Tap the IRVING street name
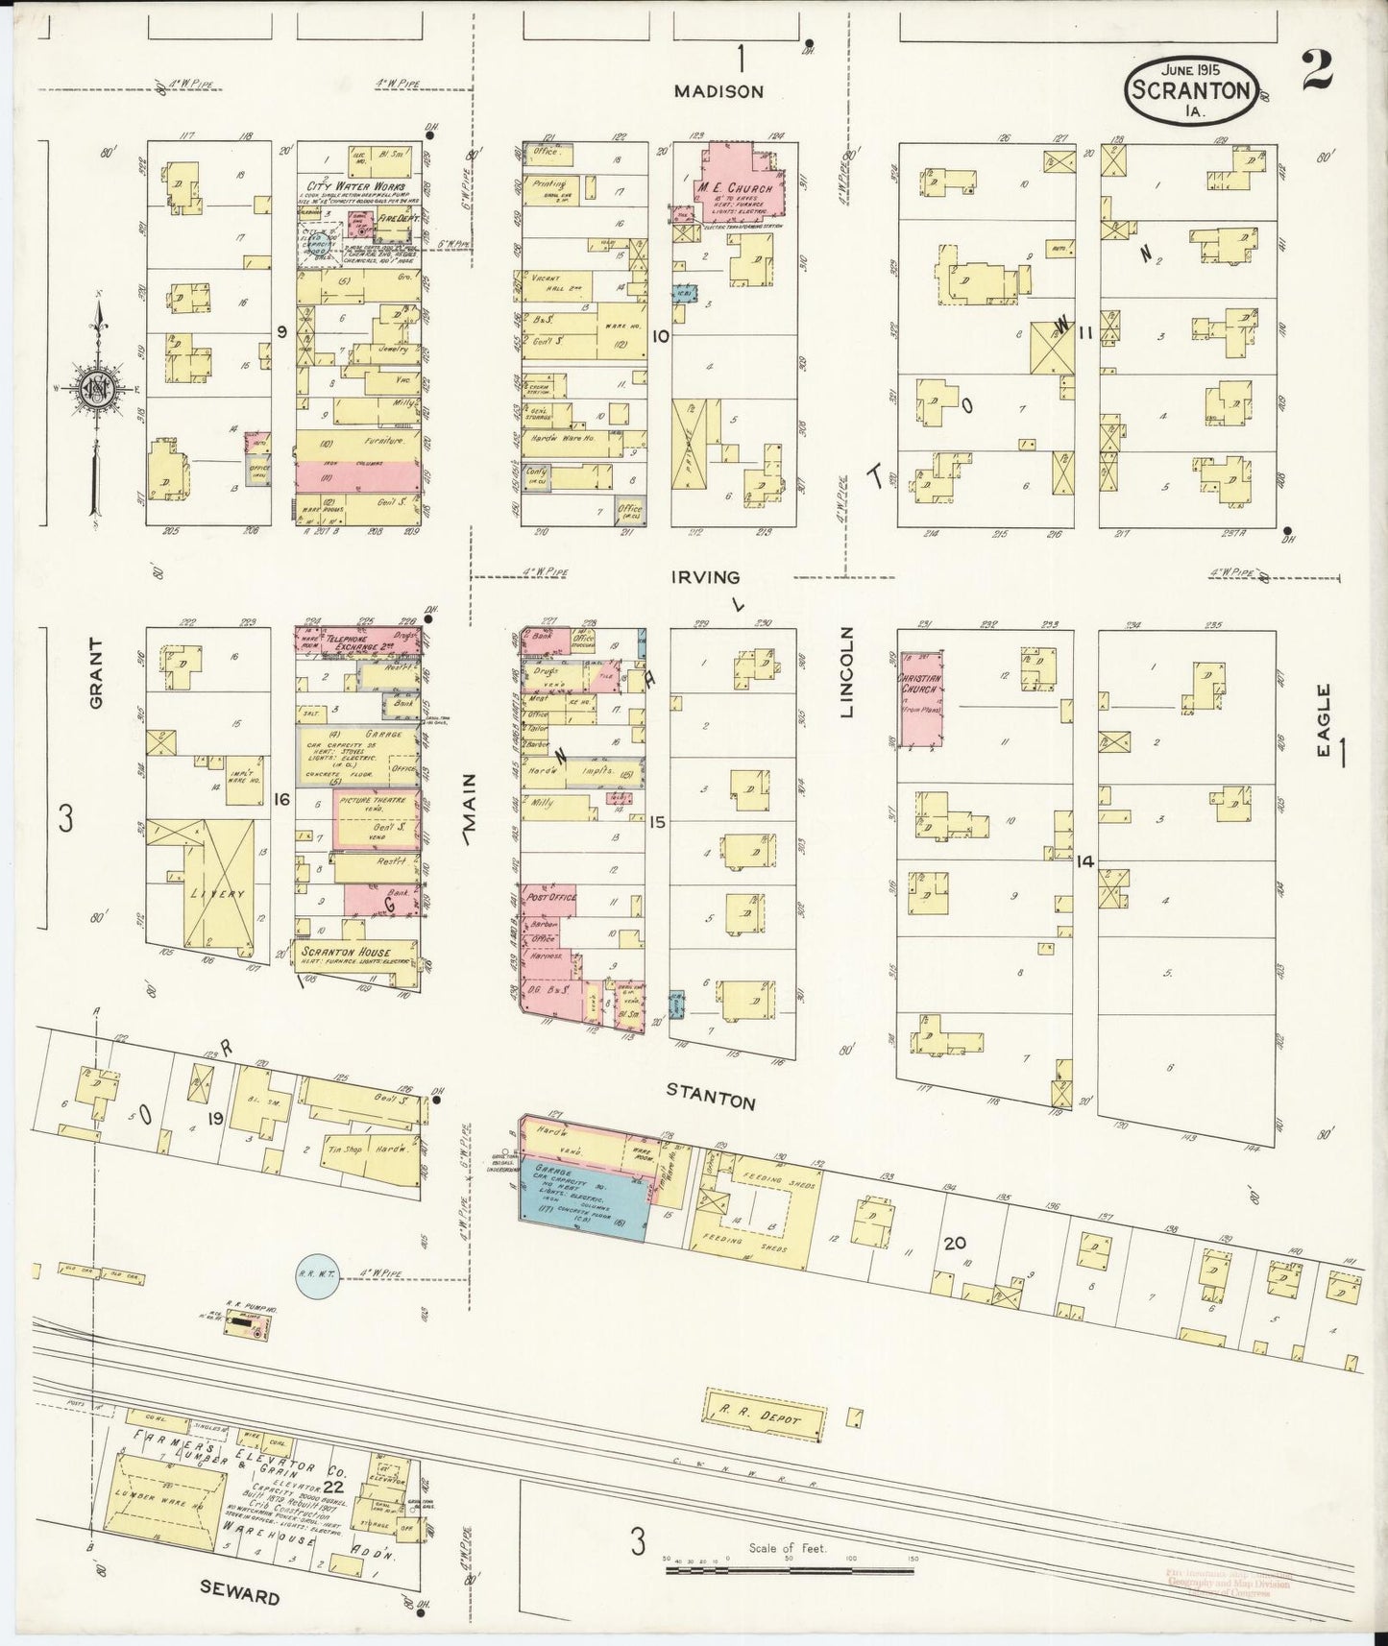pos(706,577)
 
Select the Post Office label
pos(549,897)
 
